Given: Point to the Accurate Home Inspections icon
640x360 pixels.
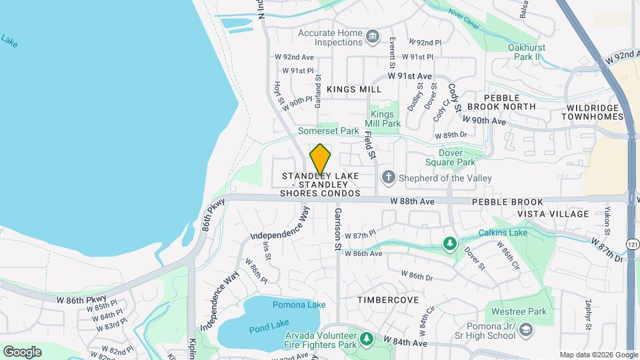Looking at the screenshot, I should [x=372, y=34].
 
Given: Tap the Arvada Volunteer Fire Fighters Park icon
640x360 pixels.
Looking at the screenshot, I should [x=365, y=340].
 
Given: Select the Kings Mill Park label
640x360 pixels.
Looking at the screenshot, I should [x=383, y=119].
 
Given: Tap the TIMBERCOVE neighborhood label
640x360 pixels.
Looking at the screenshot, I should [x=388, y=300].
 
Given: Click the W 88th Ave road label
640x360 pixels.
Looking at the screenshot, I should [x=412, y=200].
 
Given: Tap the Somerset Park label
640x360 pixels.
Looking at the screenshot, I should [x=329, y=131].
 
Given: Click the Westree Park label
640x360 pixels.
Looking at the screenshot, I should [x=519, y=311].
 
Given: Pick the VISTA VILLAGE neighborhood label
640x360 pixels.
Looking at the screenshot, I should [x=553, y=214].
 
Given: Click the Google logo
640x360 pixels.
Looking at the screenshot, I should [x=22, y=351].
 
